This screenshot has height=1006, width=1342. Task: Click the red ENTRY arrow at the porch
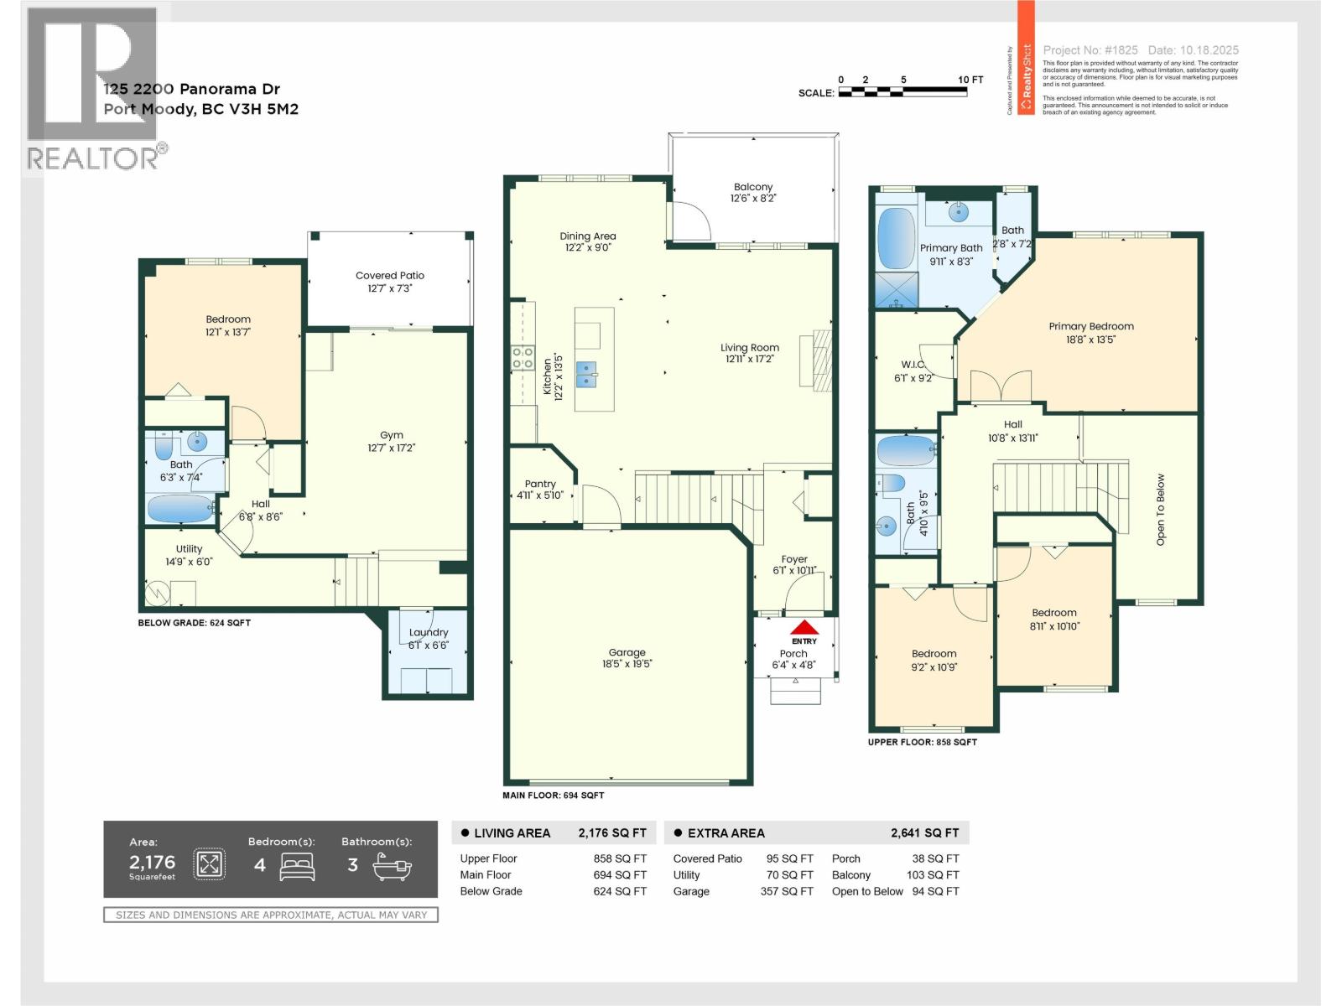[804, 627]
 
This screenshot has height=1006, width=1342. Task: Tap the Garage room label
[627, 652]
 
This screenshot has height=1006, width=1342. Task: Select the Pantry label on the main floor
[540, 484]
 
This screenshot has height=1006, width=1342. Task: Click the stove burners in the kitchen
[523, 358]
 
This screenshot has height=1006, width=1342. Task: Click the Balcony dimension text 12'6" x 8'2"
[752, 199]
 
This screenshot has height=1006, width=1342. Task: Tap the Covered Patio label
[389, 275]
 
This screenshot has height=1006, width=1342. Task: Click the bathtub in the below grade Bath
[179, 508]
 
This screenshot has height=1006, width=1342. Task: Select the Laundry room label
[428, 632]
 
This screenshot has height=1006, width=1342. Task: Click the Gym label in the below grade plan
[391, 435]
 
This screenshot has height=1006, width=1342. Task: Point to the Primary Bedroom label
[1090, 326]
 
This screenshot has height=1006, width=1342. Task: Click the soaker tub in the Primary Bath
[896, 238]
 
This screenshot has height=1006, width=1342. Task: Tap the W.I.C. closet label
[913, 365]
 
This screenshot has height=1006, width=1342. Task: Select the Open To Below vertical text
[1161, 510]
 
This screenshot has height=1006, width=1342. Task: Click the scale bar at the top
[902, 91]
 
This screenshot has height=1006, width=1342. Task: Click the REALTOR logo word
[93, 158]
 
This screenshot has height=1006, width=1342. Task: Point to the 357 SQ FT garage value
[786, 891]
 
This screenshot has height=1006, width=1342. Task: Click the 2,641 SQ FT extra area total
[924, 832]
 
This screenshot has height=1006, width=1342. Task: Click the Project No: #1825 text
[1090, 50]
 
